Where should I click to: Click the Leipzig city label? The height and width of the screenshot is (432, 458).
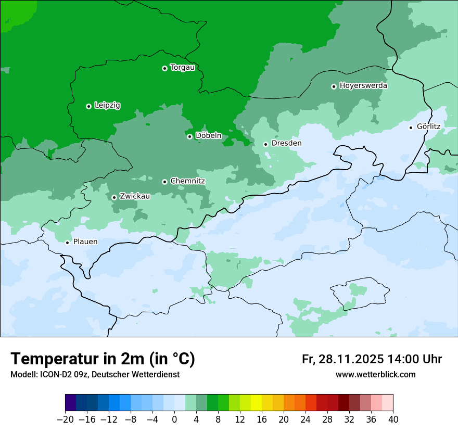107,106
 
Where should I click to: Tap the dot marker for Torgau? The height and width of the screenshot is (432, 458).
164,68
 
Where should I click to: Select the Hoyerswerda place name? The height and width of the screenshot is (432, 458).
363,86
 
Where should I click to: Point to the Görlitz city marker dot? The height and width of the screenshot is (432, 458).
411,128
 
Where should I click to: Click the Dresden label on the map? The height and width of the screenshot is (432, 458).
286,143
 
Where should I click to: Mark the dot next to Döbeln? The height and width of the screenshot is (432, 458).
189,136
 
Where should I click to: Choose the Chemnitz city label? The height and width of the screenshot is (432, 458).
187,181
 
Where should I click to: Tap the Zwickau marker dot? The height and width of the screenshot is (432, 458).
114,197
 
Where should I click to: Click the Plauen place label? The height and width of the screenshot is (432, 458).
85,242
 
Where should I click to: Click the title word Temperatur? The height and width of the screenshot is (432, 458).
54,359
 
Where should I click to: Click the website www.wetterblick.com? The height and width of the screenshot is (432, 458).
375,375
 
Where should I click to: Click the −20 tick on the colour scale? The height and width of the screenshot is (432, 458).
65,420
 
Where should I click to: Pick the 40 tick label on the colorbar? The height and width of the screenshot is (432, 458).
393,420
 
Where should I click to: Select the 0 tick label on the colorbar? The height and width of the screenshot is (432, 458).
174,420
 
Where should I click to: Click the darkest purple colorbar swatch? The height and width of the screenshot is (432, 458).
70,403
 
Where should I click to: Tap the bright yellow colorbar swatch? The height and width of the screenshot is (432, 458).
256,403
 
